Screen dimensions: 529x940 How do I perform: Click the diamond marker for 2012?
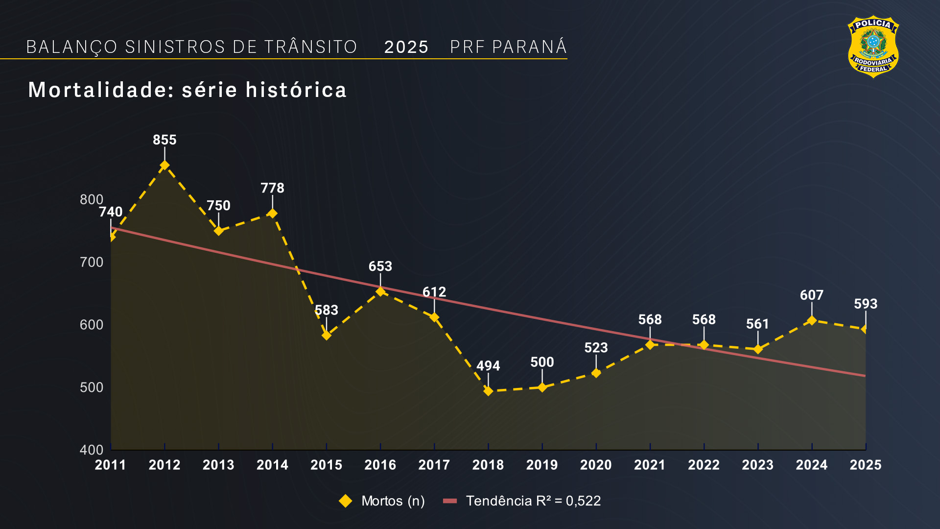pyautogui.click(x=164, y=166)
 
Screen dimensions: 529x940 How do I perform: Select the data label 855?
pyautogui.click(x=164, y=140)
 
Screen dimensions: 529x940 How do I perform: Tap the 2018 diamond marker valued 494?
pyautogui.click(x=488, y=391)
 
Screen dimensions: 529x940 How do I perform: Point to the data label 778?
pyautogui.click(x=272, y=188)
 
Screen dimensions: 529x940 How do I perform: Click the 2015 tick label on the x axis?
pyautogui.click(x=326, y=465)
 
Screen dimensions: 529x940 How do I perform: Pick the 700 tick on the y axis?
pyautogui.click(x=92, y=263)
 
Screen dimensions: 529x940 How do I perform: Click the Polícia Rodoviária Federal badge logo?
pyautogui.click(x=873, y=47)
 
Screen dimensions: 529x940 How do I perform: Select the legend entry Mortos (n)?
pyautogui.click(x=382, y=501)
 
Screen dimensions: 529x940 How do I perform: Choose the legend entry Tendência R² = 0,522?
pyautogui.click(x=522, y=501)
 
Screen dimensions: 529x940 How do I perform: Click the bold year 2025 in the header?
pyautogui.click(x=406, y=48)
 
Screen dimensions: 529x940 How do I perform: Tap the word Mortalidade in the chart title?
pyautogui.click(x=98, y=90)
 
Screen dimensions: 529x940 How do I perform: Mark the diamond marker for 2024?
pyautogui.click(x=812, y=320)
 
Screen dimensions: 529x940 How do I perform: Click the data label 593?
pyautogui.click(x=866, y=304)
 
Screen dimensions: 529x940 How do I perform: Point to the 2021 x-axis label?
pyautogui.click(x=650, y=465)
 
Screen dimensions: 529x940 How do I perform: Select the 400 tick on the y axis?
pyautogui.click(x=92, y=450)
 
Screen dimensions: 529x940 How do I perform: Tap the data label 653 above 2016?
pyautogui.click(x=380, y=266)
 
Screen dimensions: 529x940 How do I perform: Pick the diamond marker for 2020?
pyautogui.click(x=596, y=373)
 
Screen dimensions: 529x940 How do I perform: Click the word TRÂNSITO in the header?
pyautogui.click(x=311, y=47)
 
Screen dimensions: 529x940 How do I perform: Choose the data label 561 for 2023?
pyautogui.click(x=757, y=324)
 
